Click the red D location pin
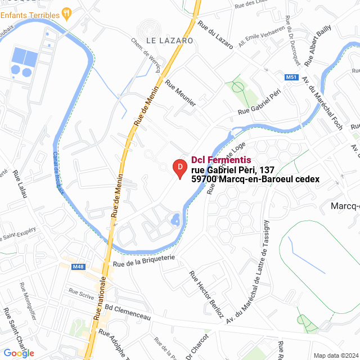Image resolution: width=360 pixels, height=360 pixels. pos(179,168)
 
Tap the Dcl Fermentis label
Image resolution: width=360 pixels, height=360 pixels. pos(221,160)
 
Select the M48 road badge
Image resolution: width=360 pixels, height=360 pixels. pos(78,267)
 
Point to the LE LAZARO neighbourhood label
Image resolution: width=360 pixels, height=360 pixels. pos(169,40)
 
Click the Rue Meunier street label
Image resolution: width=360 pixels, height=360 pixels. pos(181,93)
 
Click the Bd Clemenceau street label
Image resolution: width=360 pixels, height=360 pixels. pos(128,313)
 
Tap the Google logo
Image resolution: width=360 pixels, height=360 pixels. pos(19,353)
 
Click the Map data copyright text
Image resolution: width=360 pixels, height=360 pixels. pos(336,355)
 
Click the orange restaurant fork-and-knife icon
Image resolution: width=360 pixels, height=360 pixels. pos(66,11)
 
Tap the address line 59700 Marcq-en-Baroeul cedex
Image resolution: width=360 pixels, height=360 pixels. pos(255,179)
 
